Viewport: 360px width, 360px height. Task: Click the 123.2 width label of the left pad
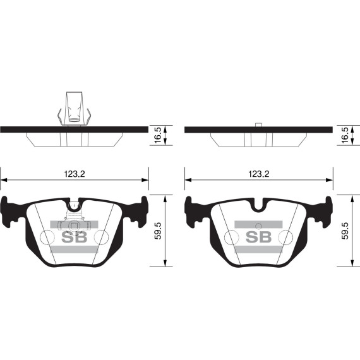[75, 174]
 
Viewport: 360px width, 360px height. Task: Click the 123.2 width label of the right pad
[259, 174]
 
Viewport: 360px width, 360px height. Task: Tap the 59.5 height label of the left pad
[158, 231]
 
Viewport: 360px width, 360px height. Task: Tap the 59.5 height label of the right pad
[345, 231]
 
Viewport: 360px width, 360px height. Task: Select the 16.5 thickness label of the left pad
[158, 135]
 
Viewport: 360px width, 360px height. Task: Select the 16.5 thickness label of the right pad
[345, 135]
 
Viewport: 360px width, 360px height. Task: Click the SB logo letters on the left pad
[75, 237]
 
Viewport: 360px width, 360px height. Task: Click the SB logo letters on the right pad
[259, 237]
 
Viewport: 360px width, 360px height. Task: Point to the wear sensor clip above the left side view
[74, 109]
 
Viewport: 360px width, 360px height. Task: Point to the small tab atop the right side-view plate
[259, 124]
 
